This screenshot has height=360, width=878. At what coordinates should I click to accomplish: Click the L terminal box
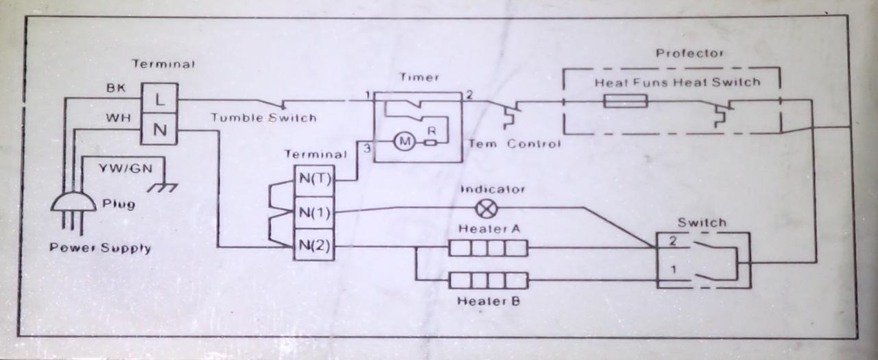159,99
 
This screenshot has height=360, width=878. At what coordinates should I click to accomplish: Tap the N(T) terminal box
313,180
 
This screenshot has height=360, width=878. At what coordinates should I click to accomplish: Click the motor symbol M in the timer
403,143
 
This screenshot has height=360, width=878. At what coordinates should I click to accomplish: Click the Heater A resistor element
488,248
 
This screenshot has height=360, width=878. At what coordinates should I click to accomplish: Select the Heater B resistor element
488,280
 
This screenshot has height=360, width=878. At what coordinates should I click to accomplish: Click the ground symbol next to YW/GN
164,187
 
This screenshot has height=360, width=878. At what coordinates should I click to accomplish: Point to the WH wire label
114,117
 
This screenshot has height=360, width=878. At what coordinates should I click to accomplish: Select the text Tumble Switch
263,118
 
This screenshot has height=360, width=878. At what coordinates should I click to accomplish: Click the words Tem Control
514,144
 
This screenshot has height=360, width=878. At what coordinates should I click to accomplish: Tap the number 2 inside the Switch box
673,242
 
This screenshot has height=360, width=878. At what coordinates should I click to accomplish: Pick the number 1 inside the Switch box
673,269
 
